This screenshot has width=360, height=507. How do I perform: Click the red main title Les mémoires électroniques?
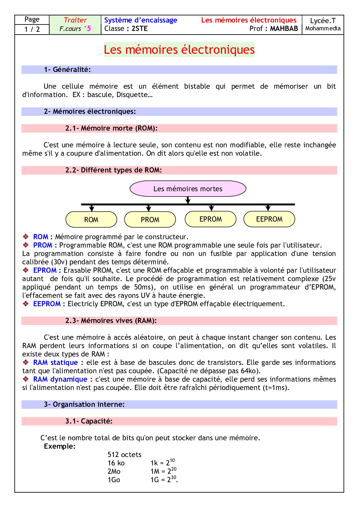click(x=179, y=50)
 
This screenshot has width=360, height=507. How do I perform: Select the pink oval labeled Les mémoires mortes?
click(x=188, y=189)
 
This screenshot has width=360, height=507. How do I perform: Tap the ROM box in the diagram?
click(x=91, y=220)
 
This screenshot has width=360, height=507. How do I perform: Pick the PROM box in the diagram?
click(x=150, y=220)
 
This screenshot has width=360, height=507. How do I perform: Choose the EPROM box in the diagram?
click(x=211, y=219)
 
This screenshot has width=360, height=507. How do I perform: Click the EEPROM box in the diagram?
click(x=269, y=219)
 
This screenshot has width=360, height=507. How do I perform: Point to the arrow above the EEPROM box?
click(x=268, y=208)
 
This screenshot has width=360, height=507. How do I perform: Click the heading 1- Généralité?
click(x=67, y=70)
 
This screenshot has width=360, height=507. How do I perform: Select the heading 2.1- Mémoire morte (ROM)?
click(x=111, y=128)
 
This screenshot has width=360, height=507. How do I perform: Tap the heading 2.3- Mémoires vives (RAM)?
click(x=111, y=321)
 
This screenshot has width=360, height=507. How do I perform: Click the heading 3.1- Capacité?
click(x=89, y=421)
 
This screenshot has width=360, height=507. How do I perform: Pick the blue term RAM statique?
click(x=56, y=363)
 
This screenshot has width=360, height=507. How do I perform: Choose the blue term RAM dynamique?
click(x=60, y=379)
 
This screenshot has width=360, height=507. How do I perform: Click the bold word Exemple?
click(x=60, y=446)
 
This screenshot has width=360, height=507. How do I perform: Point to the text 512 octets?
click(x=124, y=455)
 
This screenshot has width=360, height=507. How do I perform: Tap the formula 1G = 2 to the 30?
click(x=164, y=480)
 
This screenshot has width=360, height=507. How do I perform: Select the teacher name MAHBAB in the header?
click(x=284, y=29)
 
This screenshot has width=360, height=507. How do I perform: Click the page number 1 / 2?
click(x=32, y=29)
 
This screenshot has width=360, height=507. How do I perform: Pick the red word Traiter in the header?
click(x=75, y=20)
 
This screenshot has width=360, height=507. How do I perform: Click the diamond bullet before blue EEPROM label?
click(x=26, y=304)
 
